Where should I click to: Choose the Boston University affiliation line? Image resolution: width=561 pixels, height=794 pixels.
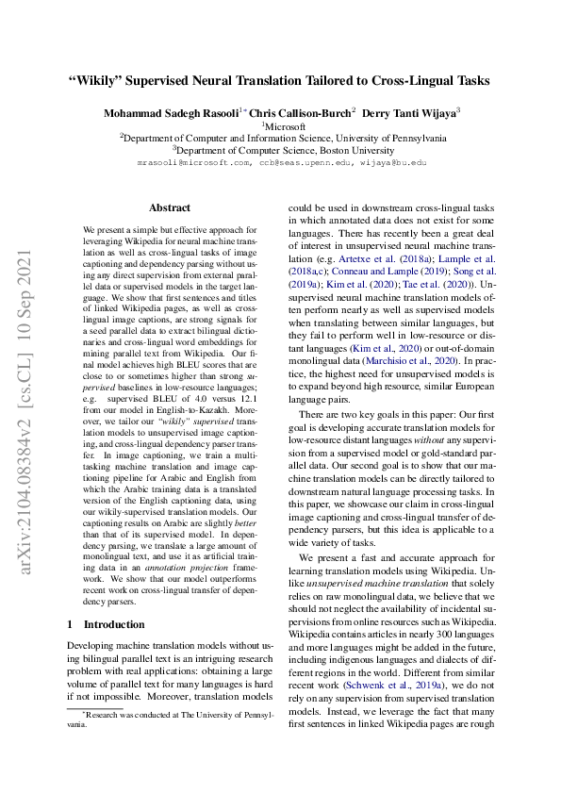(281, 149)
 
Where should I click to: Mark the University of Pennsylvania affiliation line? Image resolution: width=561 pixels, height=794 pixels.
(281, 137)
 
